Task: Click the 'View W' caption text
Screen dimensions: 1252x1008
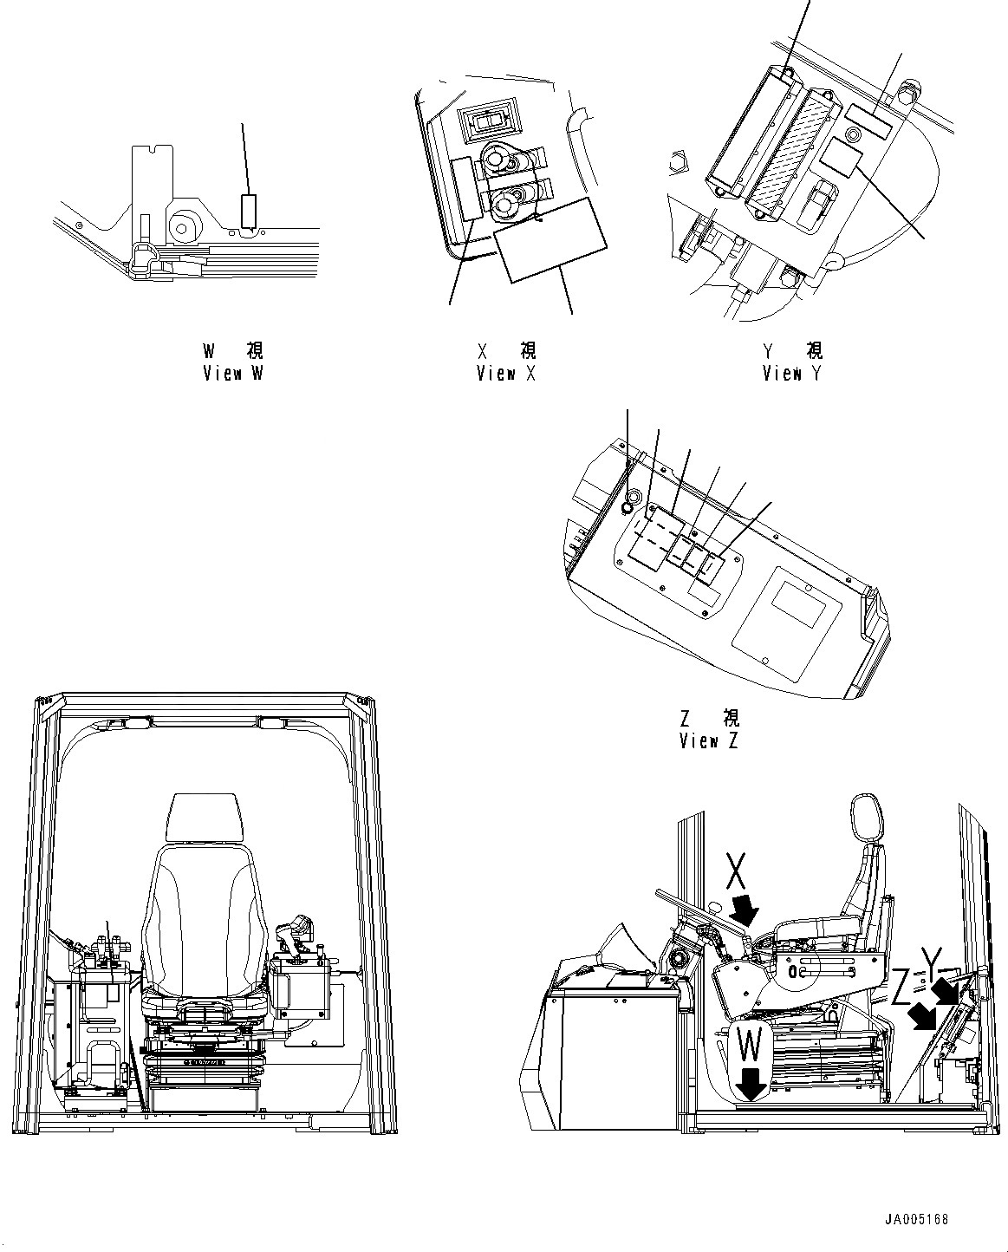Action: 232,374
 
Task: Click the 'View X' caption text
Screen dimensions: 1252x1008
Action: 507,374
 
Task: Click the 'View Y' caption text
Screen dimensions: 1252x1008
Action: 792,374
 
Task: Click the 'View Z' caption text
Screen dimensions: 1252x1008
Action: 710,741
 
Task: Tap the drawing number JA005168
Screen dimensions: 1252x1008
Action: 916,1219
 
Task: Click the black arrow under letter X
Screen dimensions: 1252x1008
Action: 744,911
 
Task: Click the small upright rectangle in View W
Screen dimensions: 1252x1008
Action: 250,211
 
